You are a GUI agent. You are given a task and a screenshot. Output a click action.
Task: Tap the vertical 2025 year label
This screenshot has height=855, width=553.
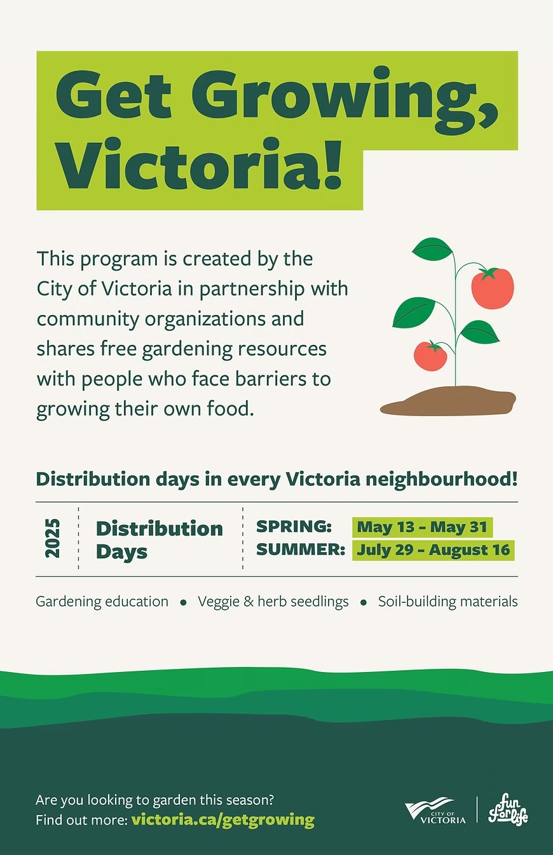pos(53,538)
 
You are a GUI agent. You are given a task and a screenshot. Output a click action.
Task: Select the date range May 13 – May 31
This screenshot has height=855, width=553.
pos(422,527)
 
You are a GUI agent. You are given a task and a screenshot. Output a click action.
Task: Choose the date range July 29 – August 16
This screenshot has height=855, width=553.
pos(434,550)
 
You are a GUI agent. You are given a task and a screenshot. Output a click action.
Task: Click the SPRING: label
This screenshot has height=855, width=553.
pos(294,527)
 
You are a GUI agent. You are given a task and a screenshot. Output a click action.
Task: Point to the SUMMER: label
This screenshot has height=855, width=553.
pos(301,549)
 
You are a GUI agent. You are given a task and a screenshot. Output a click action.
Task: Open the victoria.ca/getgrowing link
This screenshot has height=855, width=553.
pos(223,819)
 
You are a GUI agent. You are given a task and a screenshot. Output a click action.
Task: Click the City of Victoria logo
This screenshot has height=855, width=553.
pos(435,811)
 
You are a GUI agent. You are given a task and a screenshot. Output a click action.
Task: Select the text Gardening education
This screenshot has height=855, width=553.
pos(102,602)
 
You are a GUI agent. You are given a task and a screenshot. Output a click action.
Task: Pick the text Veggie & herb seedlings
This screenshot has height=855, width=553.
pos(273,602)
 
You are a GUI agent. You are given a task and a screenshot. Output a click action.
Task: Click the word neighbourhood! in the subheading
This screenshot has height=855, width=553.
pos(442,479)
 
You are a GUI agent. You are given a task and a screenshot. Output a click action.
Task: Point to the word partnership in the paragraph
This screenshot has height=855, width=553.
pos(252,290)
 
